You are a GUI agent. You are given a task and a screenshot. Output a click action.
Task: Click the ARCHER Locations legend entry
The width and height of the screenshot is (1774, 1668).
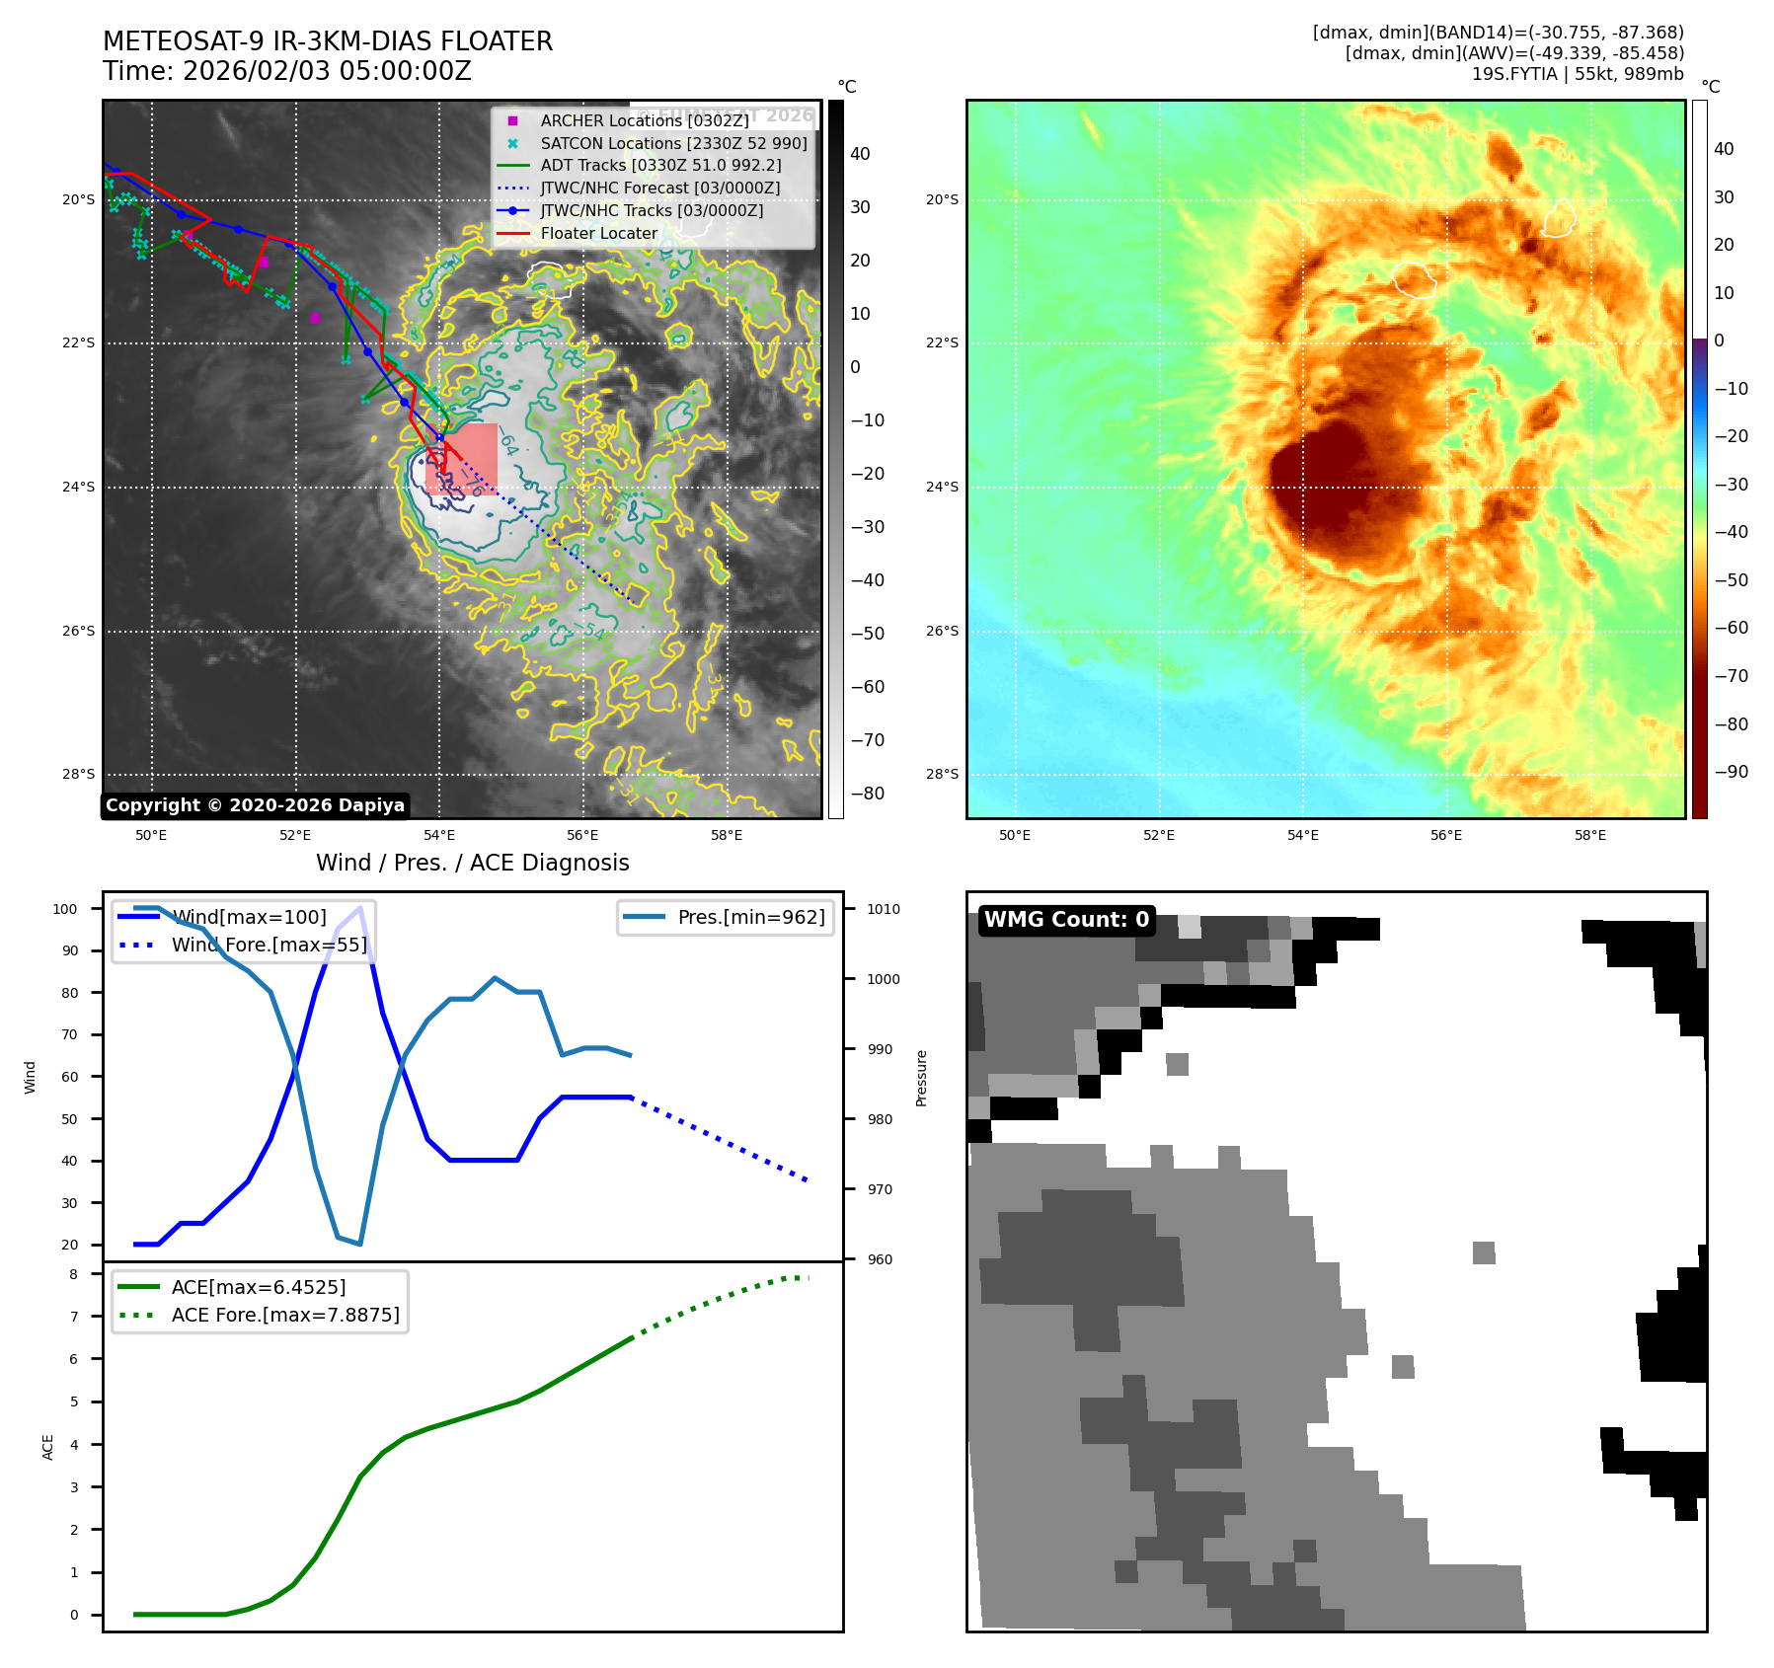pyautogui.click(x=644, y=120)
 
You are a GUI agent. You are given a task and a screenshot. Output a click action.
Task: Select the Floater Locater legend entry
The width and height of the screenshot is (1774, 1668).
pyautogui.click(x=598, y=233)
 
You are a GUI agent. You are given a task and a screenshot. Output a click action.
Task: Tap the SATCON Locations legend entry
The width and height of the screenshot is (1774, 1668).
pyautogui.click(x=673, y=143)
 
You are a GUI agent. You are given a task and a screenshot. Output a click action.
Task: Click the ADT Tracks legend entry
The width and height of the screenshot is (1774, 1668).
pyautogui.click(x=660, y=165)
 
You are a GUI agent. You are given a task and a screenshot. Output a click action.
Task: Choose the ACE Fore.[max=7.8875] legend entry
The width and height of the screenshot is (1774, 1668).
pyautogui.click(x=285, y=1315)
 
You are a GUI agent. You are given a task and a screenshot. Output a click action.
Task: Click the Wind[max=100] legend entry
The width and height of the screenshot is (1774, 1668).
pyautogui.click(x=249, y=917)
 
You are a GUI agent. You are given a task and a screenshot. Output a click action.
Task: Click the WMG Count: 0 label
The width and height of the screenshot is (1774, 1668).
pyautogui.click(x=1066, y=920)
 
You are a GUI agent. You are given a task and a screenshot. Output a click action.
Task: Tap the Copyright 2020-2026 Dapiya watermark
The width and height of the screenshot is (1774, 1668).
pyautogui.click(x=255, y=805)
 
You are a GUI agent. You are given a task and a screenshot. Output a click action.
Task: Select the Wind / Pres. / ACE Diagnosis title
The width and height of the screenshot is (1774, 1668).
pyautogui.click(x=472, y=863)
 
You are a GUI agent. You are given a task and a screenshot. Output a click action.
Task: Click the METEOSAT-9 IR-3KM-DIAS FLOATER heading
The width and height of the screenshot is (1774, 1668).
pyautogui.click(x=327, y=41)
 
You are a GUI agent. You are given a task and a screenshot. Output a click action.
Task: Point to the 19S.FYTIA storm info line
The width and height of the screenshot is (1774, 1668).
pyautogui.click(x=1577, y=74)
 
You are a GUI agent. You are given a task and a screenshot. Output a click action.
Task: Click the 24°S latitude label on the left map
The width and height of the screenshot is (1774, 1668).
pyautogui.click(x=79, y=487)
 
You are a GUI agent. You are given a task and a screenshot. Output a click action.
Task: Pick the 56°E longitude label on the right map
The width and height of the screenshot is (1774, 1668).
pyautogui.click(x=1446, y=835)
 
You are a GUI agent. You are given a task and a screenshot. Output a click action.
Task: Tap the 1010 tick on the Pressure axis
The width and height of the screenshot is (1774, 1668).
pyautogui.click(x=884, y=909)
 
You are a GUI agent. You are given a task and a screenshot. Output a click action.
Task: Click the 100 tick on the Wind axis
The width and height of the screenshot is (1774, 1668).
pyautogui.click(x=65, y=909)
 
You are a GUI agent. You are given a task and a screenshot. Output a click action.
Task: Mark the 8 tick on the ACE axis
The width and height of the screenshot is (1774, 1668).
pyautogui.click(x=73, y=1274)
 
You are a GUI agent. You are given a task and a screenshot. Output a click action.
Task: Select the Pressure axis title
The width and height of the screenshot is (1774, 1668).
pyautogui.click(x=921, y=1078)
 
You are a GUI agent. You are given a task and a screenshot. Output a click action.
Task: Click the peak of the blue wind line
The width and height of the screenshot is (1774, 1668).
pyautogui.click(x=360, y=907)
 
